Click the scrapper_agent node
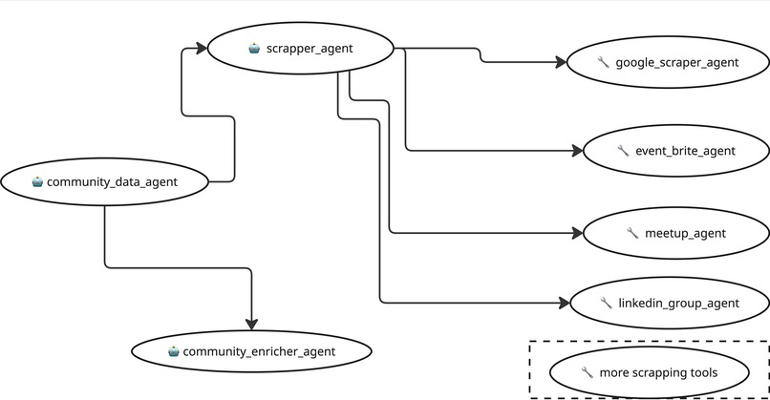pos(301,47)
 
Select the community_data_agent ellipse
pos(104,180)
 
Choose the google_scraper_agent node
pos(666,63)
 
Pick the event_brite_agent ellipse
pos(676,150)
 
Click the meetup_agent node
pos(675,233)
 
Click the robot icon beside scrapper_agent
pos(254,47)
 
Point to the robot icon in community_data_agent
pos(36,181)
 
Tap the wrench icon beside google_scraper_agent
pos(602,63)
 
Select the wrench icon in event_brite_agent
pos(623,150)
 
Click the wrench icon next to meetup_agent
pos(631,233)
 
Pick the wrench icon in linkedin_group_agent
pos(606,304)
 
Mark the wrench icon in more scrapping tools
pos(586,372)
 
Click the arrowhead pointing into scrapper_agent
pos(202,46)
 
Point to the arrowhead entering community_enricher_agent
pos(251,324)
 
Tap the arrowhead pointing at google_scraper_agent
pos(561,63)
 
